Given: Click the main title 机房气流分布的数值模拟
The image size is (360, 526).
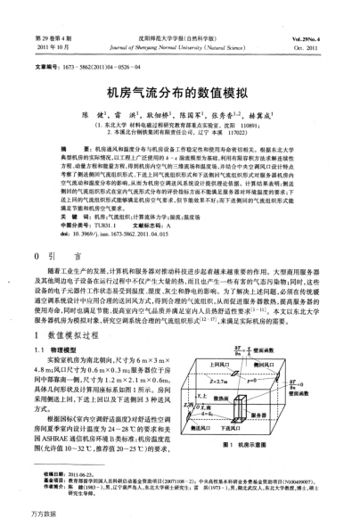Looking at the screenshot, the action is pyautogui.click(x=178, y=91).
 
